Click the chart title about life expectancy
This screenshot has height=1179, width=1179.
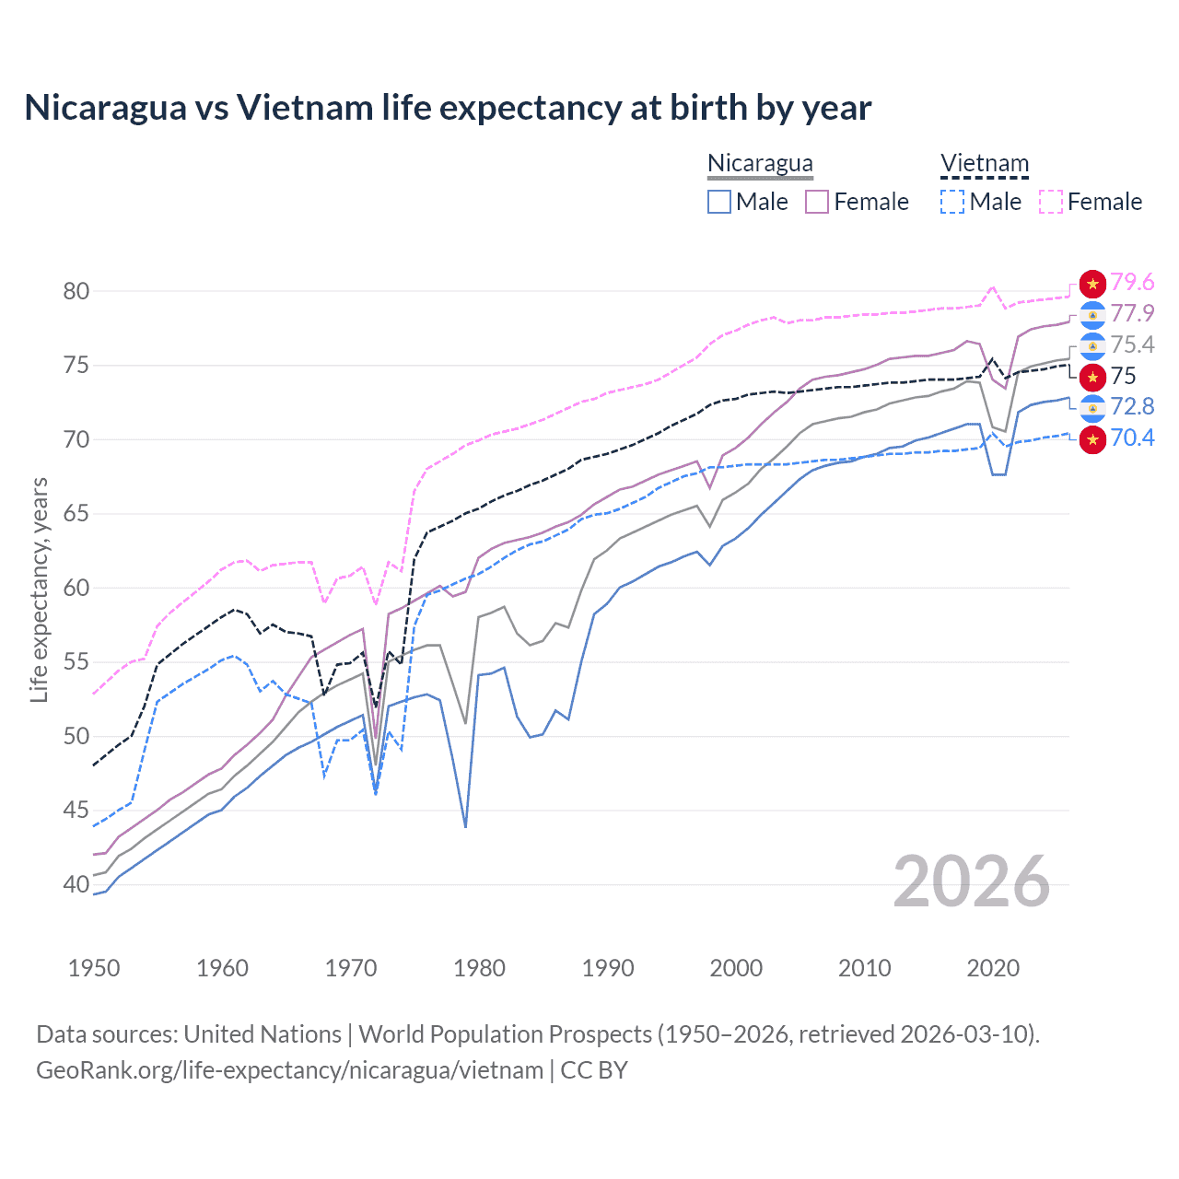[x=448, y=108]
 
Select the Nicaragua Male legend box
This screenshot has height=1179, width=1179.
[x=719, y=202]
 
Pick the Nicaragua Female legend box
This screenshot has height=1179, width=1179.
[x=817, y=202]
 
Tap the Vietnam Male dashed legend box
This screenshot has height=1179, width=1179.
[x=952, y=202]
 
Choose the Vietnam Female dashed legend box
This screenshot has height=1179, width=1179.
[x=1051, y=202]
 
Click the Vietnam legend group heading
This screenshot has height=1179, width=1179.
[x=984, y=164]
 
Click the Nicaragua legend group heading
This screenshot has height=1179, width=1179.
[x=760, y=164]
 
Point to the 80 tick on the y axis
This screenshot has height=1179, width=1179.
[x=76, y=291]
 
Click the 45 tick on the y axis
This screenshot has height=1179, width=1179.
[x=76, y=811]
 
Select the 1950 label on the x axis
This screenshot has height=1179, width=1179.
[x=94, y=968]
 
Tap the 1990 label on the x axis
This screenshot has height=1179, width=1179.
[x=608, y=968]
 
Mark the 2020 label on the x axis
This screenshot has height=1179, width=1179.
[x=993, y=968]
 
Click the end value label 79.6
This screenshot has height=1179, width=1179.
[x=1132, y=283]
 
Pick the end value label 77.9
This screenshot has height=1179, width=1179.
[x=1132, y=314]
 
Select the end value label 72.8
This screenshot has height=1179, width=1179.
[x=1132, y=407]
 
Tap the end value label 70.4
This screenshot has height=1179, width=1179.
[x=1132, y=438]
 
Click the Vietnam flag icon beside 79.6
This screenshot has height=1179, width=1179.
[x=1092, y=284]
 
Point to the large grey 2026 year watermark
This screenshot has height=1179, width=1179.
[x=972, y=881]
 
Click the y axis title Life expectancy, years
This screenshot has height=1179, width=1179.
[x=40, y=589]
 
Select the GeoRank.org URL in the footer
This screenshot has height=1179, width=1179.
[x=289, y=1070]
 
